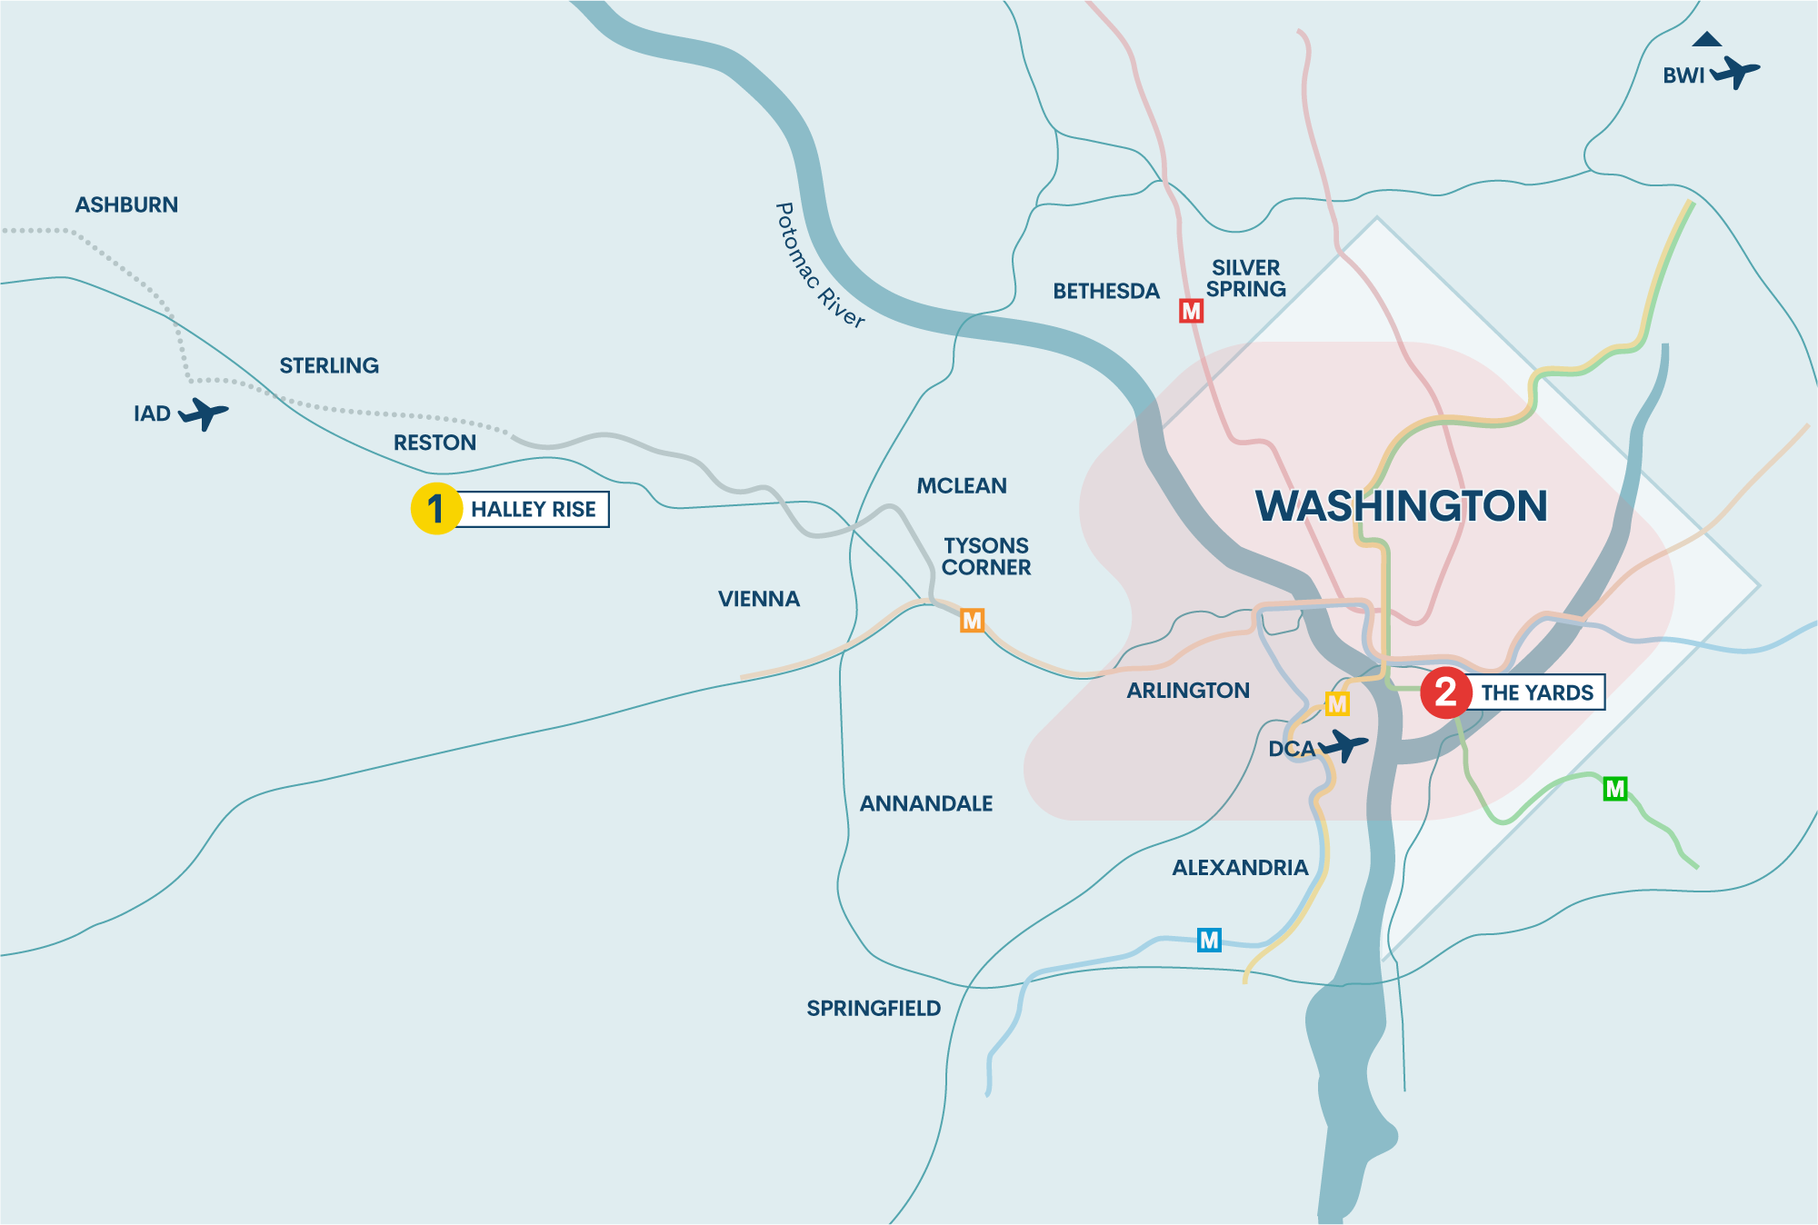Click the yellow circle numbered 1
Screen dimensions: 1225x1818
point(436,509)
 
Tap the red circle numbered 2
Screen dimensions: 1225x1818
point(1445,692)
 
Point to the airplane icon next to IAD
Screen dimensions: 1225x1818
point(205,413)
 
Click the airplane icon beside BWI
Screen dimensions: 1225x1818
point(1735,72)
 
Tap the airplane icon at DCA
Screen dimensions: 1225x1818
point(1344,746)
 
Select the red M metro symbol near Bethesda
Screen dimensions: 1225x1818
point(1191,312)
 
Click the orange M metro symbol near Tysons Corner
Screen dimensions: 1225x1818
point(973,621)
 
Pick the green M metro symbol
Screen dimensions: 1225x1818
point(1614,789)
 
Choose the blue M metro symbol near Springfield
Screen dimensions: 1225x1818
point(1209,940)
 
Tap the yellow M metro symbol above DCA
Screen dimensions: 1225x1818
point(1337,704)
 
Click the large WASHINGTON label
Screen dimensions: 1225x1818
point(1401,506)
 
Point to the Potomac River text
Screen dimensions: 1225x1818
point(818,264)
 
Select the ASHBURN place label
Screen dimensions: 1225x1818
point(126,205)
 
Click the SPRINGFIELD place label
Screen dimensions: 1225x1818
point(874,1009)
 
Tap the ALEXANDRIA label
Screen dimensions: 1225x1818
point(1240,868)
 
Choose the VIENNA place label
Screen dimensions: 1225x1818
point(759,600)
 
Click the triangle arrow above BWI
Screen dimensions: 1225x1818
point(1706,39)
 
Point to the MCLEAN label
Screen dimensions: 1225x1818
point(962,486)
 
